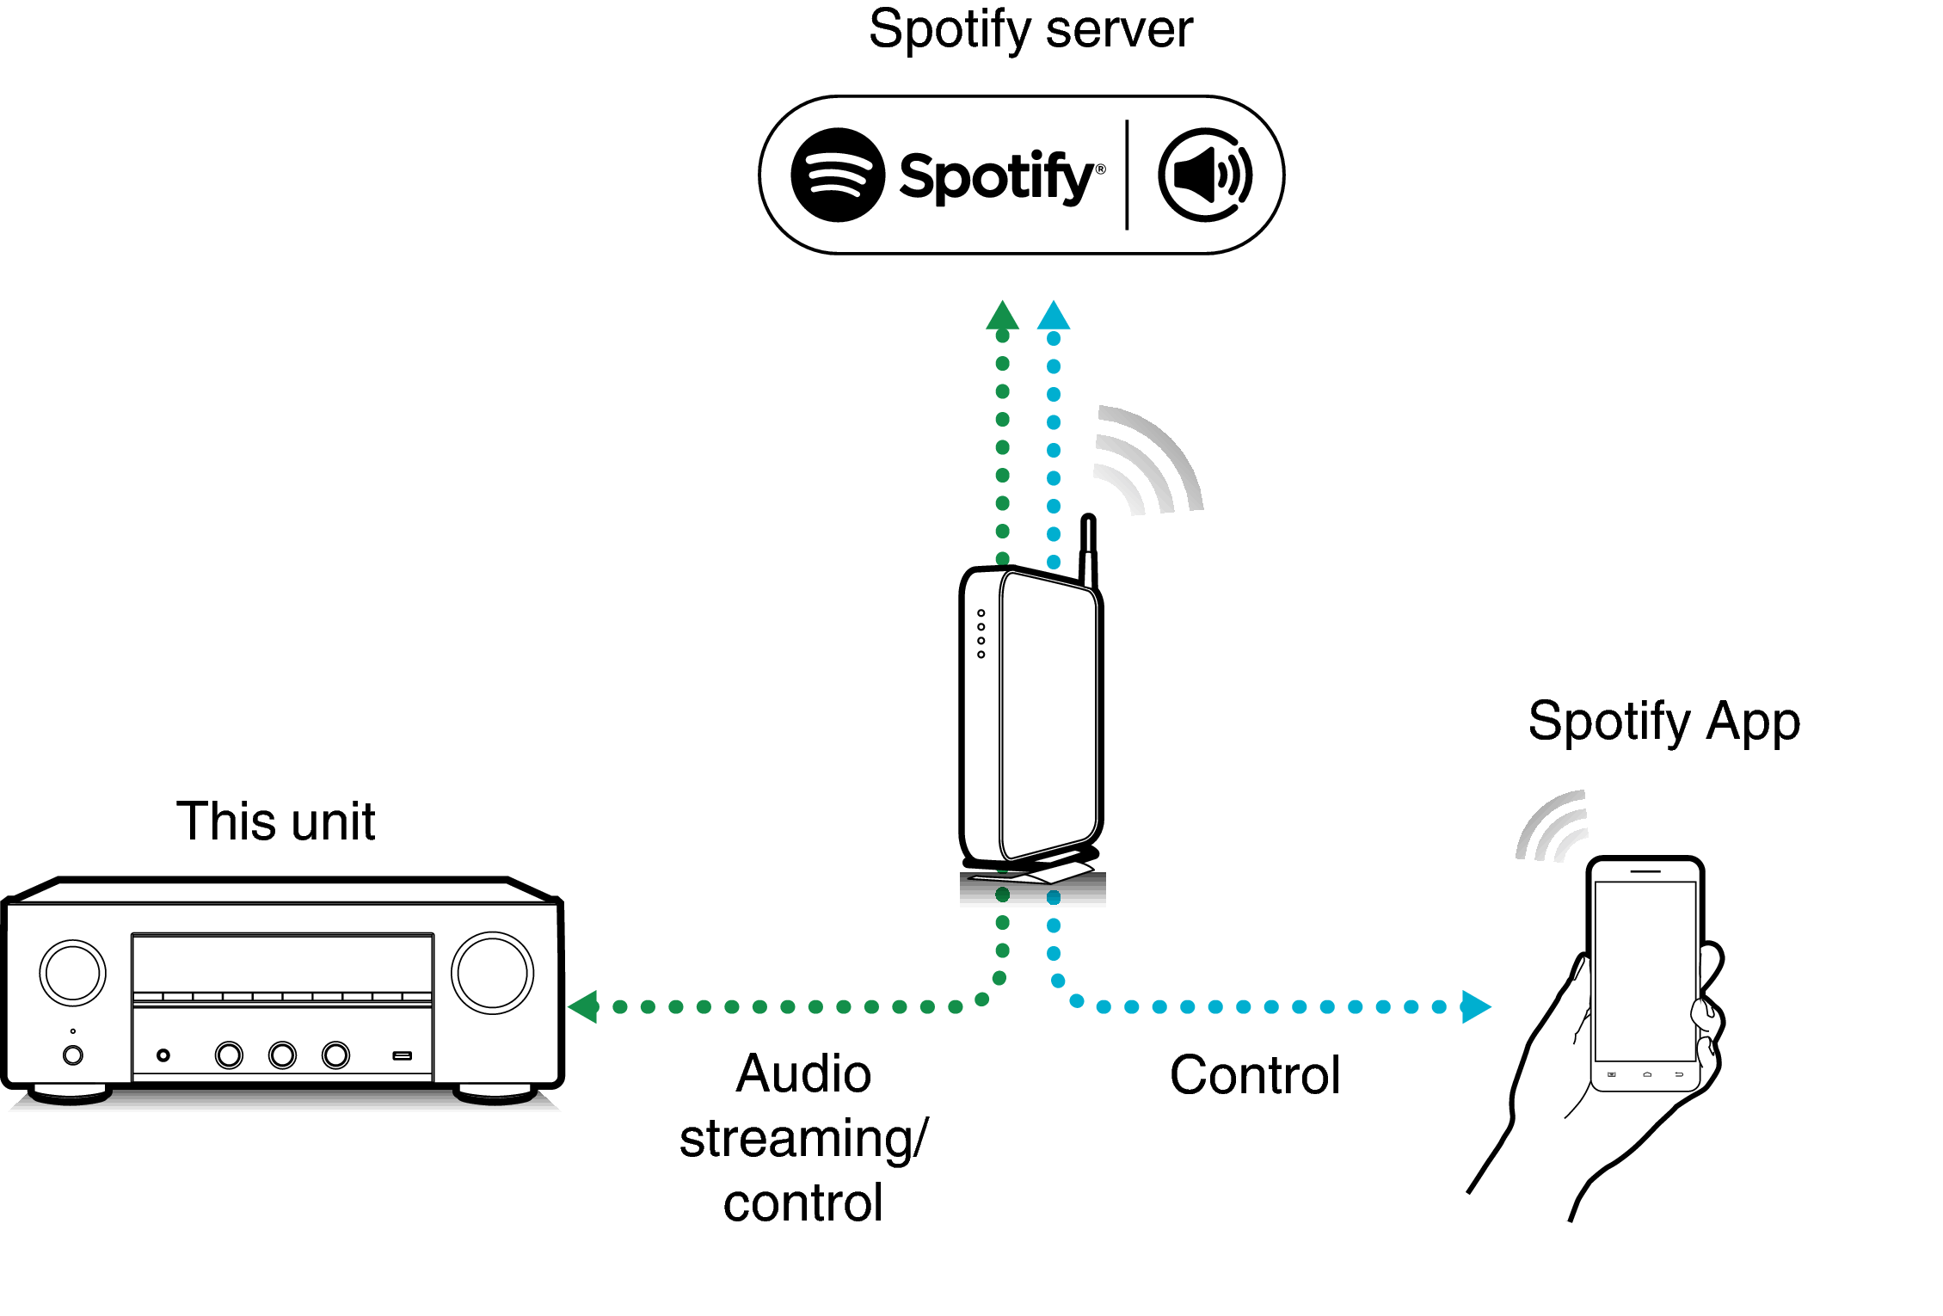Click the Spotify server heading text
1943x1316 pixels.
point(1030,30)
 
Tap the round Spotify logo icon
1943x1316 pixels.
point(837,175)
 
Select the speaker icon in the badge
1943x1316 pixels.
point(1204,175)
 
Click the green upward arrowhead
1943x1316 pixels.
point(1002,317)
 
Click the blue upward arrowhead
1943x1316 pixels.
point(1054,317)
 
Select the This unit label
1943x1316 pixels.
point(275,821)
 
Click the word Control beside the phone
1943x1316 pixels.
point(1255,1075)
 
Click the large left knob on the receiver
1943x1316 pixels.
point(73,973)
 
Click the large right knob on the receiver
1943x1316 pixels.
point(492,973)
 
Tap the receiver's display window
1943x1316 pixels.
point(282,962)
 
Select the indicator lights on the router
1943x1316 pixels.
point(981,634)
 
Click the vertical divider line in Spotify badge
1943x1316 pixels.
point(1127,175)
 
